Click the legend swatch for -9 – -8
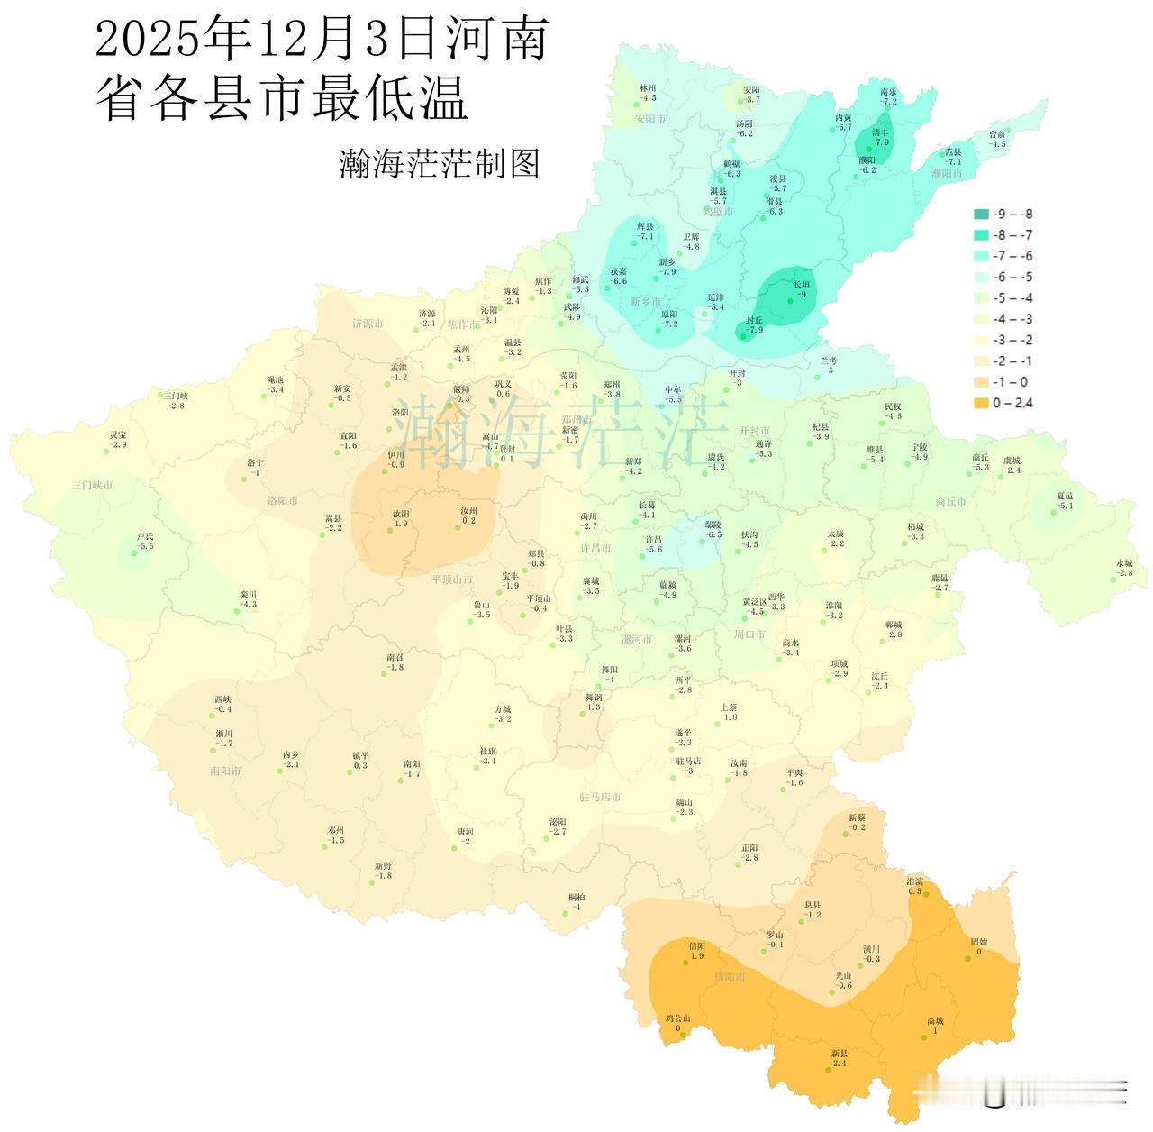point(981,215)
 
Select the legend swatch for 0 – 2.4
point(981,403)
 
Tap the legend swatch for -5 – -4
point(981,298)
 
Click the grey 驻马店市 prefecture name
point(600,798)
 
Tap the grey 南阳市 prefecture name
point(224,771)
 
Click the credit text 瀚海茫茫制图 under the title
point(439,164)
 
